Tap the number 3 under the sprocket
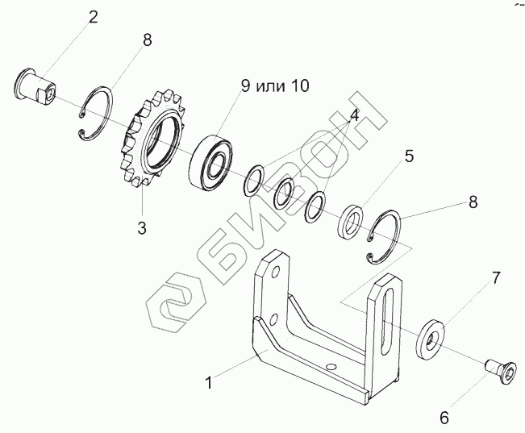[141, 228]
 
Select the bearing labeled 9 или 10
[212, 158]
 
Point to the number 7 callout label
[496, 277]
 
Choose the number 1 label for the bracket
[208, 384]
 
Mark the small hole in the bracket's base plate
[330, 366]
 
